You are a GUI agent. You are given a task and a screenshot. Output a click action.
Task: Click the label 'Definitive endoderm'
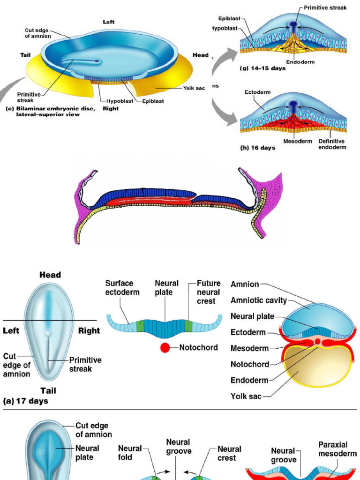pos(332,144)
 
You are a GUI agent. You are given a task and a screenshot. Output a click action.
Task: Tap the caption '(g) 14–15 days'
pos(262,68)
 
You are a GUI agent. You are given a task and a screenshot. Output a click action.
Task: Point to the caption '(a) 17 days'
pos(25,401)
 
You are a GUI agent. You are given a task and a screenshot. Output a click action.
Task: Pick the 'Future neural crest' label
pos(209,292)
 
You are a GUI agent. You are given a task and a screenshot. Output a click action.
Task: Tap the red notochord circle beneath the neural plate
pos(165,348)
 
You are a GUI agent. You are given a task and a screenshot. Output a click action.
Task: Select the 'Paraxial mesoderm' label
pos(337,449)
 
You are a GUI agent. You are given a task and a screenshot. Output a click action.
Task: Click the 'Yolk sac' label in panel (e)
pos(194,88)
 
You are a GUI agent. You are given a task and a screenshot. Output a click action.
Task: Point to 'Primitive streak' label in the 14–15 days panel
pos(325,8)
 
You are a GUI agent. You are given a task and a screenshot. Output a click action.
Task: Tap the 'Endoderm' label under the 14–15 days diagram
pos(300,62)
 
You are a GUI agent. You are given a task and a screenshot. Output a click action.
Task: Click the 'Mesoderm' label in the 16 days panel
pos(298,141)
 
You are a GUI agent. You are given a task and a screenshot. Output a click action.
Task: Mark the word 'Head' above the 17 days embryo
pos(50,275)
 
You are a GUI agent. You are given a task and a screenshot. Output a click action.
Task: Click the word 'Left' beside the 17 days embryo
pos(11,330)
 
